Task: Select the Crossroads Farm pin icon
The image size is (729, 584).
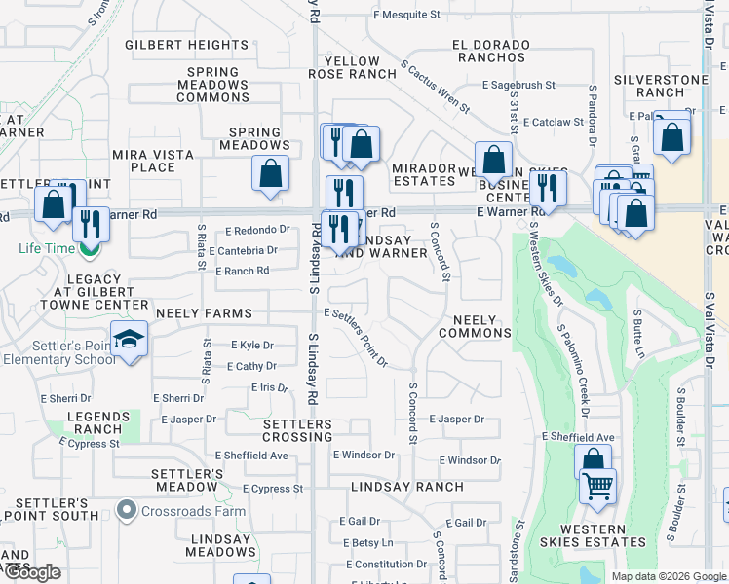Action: coord(126,509)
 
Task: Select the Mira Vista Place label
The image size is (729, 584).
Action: coord(144,161)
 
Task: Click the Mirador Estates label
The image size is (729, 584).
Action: coord(424,174)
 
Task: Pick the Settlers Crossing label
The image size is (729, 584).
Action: coord(298,431)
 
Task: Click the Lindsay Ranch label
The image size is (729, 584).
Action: coord(396,486)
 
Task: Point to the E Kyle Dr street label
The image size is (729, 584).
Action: coord(252,346)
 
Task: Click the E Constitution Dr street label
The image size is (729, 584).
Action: coord(386,565)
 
